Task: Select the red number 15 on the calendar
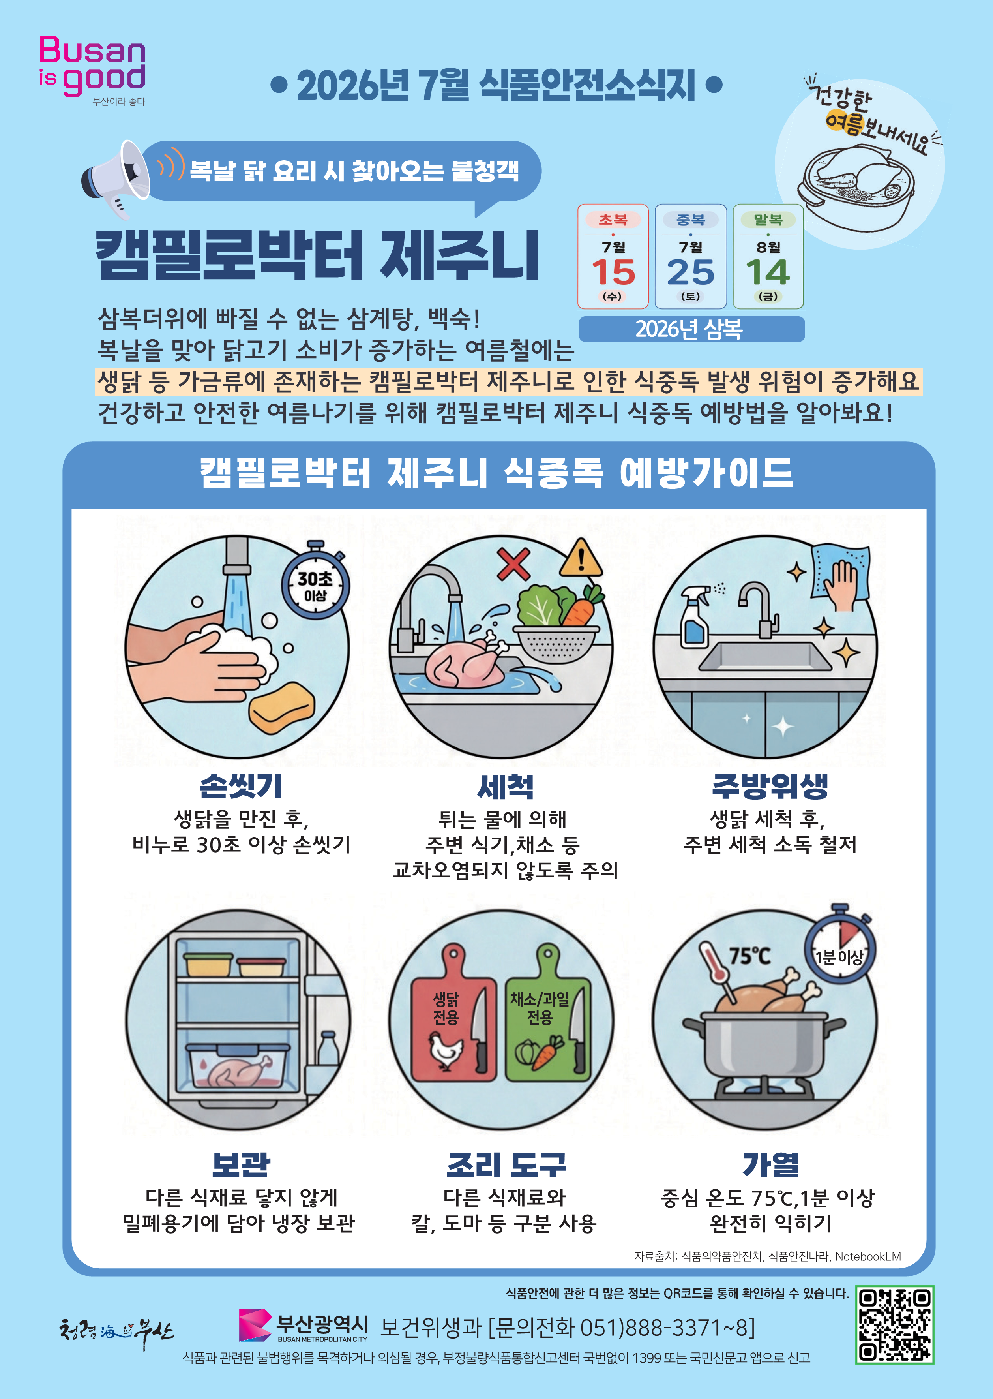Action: point(613,272)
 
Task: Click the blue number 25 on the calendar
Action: point(690,272)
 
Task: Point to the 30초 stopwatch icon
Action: point(315,581)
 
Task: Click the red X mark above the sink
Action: point(513,563)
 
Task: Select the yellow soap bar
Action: point(282,708)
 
